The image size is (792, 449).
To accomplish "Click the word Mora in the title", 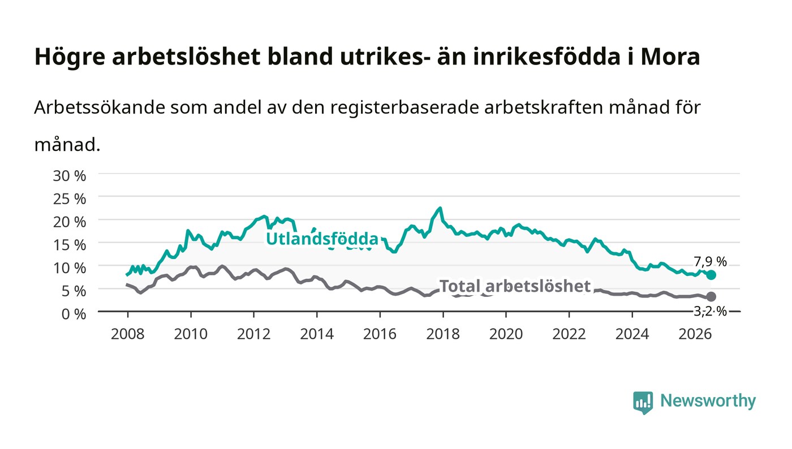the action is (x=670, y=57).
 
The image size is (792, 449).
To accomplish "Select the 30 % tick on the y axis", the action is (x=70, y=176).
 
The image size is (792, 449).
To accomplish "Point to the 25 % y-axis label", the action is (x=70, y=199).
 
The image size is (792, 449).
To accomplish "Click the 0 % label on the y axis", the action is (x=74, y=314).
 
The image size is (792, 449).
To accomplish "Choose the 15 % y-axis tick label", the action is (x=70, y=245).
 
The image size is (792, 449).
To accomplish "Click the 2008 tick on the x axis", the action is (x=128, y=334).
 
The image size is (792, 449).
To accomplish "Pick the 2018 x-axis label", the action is (x=443, y=334).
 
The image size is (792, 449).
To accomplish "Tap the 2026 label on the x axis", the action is (x=695, y=334).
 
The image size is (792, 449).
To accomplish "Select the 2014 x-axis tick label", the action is (x=317, y=334).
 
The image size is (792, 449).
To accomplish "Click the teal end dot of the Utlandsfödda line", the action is (x=711, y=275).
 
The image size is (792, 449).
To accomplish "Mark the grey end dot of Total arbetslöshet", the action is (x=711, y=296).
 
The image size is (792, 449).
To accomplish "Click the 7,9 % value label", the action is (x=710, y=262).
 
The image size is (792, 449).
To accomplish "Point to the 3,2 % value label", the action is (x=710, y=312).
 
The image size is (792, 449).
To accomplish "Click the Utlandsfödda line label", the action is (x=322, y=239).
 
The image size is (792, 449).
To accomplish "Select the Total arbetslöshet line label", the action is (x=515, y=286).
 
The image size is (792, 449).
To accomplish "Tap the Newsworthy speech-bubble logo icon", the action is (x=643, y=403).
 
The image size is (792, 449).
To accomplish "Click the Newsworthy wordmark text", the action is (x=708, y=401).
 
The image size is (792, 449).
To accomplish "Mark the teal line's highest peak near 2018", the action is (x=440, y=208).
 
